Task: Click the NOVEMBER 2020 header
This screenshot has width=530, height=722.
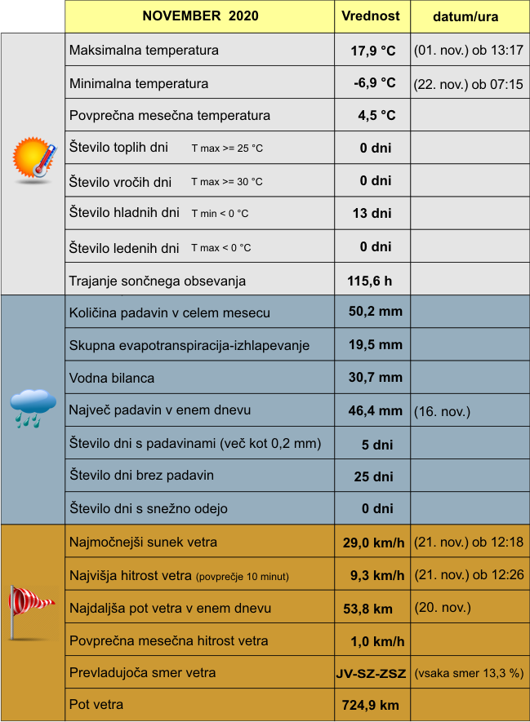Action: (200, 16)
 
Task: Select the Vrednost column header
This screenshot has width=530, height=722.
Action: (371, 16)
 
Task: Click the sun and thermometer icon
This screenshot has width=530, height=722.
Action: (33, 158)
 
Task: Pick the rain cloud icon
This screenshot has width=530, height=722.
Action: (33, 407)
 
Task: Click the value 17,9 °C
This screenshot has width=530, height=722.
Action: (373, 51)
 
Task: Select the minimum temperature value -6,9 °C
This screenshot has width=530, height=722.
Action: (375, 83)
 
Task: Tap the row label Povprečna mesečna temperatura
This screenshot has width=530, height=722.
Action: (170, 116)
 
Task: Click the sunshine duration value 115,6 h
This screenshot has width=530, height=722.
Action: (370, 281)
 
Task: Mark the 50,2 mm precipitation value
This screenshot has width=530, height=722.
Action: (376, 312)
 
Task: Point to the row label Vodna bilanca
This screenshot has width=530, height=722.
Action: (112, 379)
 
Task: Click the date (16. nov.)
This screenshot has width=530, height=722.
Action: (442, 411)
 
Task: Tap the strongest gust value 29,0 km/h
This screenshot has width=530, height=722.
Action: (374, 543)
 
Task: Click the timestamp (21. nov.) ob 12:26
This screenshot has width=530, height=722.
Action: (469, 575)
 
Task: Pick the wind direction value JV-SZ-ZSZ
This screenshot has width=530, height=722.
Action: (371, 674)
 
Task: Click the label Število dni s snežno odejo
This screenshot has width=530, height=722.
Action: (149, 509)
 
